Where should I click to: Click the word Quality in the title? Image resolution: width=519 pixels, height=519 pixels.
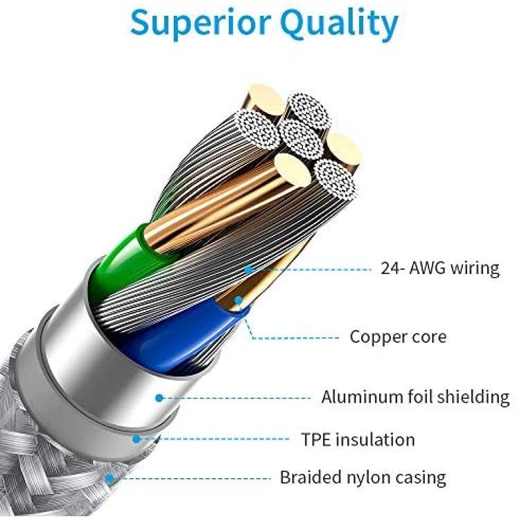point(339,24)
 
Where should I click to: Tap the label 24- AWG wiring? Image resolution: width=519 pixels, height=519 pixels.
point(440,268)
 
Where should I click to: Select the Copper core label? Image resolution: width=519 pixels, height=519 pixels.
point(398,336)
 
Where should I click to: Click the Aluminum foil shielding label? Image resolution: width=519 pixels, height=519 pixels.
point(415,397)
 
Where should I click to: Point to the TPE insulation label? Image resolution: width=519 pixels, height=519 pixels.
point(358,439)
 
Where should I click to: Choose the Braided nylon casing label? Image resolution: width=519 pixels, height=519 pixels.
point(363,477)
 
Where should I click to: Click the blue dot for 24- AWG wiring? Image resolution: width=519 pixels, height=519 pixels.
point(248,269)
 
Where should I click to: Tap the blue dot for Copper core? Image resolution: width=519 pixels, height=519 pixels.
point(238,300)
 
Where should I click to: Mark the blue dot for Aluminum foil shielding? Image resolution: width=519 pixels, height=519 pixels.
point(160,398)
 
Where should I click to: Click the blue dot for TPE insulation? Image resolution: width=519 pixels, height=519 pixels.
point(136,439)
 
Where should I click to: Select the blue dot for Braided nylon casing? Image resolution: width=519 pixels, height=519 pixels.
point(109,479)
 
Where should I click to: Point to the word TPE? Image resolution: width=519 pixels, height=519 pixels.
point(316,439)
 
